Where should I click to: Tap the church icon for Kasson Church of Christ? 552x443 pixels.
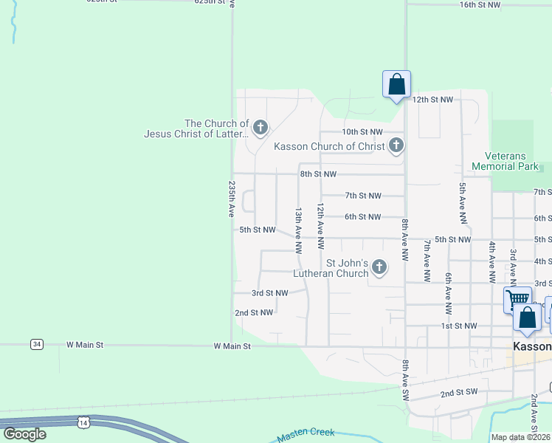[x=396, y=145]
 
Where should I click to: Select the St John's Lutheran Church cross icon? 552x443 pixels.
[x=379, y=267]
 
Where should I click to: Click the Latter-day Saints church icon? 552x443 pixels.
[x=260, y=128]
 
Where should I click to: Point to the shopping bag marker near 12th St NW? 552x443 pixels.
[x=396, y=84]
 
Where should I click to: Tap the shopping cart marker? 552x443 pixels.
[x=517, y=299]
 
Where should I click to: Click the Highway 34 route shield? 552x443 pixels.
[x=37, y=344]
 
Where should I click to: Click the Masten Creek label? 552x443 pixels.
[x=306, y=436]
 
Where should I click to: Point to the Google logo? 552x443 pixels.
[x=24, y=434]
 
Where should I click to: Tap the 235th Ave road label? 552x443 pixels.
[x=232, y=199]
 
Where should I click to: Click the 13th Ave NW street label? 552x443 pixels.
[x=299, y=230]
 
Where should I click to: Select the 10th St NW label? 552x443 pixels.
[x=362, y=131]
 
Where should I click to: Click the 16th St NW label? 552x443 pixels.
[x=480, y=4]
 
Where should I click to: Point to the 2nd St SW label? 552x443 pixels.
[x=460, y=394]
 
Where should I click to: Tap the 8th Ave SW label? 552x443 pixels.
[x=404, y=381]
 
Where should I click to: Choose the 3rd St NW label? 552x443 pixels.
[x=269, y=293]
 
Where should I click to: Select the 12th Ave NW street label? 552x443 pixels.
[x=320, y=226]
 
